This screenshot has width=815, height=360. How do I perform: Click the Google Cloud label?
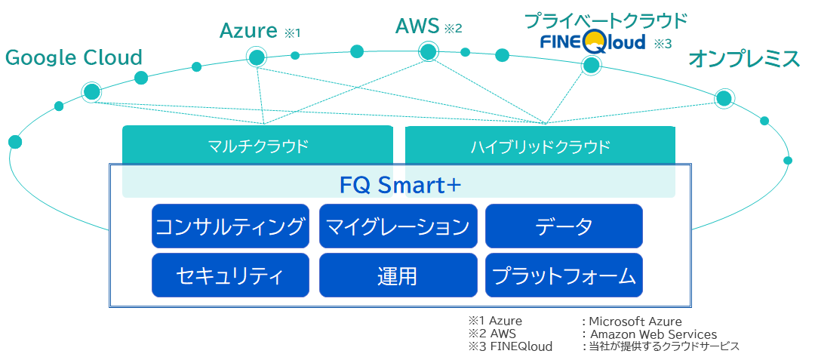pyautogui.click(x=73, y=57)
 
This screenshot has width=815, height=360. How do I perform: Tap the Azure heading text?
pyautogui.click(x=248, y=31)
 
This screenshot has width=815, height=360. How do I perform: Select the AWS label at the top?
pyautogui.click(x=417, y=26)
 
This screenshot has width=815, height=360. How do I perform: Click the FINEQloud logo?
pyautogui.click(x=592, y=41)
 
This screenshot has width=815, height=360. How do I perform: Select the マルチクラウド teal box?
pyautogui.click(x=258, y=146)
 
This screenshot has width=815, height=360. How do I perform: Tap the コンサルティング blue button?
pyautogui.click(x=231, y=226)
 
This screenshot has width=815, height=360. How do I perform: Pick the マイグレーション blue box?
pyautogui.click(x=398, y=226)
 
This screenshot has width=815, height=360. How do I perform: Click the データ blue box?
pyautogui.click(x=564, y=226)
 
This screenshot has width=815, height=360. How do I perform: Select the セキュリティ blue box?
pyautogui.click(x=231, y=275)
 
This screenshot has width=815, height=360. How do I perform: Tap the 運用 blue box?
pyautogui.click(x=398, y=275)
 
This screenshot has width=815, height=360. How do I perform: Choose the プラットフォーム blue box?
pyautogui.click(x=564, y=275)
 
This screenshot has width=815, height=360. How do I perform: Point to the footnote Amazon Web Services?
pyautogui.click(x=654, y=334)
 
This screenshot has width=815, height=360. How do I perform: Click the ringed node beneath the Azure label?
pyautogui.click(x=257, y=57)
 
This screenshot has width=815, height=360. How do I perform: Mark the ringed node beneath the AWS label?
pyautogui.click(x=428, y=52)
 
